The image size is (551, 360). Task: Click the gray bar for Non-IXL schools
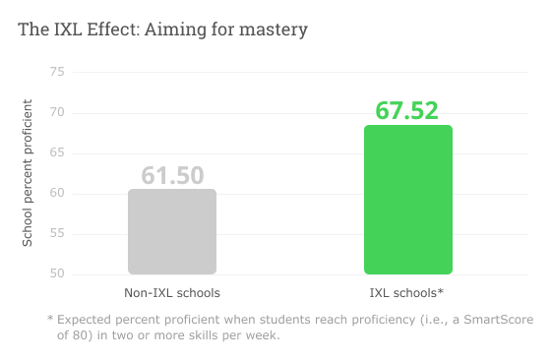(172, 232)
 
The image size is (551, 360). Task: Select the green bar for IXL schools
(408, 201)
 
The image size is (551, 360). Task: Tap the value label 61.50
(172, 175)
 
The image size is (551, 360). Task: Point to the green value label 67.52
(407, 110)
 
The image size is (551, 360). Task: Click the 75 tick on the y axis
(56, 72)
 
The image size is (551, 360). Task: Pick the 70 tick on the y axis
(56, 112)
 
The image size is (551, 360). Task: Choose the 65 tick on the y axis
(56, 152)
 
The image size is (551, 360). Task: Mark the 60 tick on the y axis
(56, 193)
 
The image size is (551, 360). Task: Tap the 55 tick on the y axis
(56, 233)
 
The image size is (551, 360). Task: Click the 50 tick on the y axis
(56, 273)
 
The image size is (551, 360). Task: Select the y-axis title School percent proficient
(28, 172)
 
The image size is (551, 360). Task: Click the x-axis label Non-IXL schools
(172, 293)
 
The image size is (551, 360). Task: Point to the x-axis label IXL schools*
(407, 293)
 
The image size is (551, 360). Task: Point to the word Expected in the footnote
(88, 320)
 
